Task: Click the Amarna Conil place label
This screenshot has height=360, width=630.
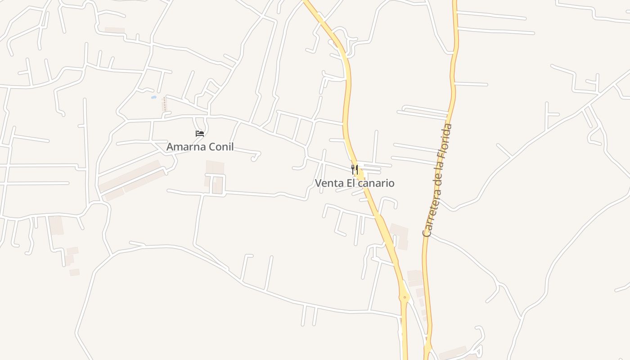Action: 200,147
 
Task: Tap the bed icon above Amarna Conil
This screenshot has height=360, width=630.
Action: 200,134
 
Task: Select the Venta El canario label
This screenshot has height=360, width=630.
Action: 354,183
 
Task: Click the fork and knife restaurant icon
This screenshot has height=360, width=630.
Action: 355,170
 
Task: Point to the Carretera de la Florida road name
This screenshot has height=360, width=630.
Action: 437,180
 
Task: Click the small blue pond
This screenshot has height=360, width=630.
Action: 154,97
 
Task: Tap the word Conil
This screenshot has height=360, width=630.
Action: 221,147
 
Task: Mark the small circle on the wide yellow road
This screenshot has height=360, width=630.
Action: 405,297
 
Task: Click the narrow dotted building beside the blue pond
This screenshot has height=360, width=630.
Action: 165,104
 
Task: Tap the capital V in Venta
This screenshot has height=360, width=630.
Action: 318,183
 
